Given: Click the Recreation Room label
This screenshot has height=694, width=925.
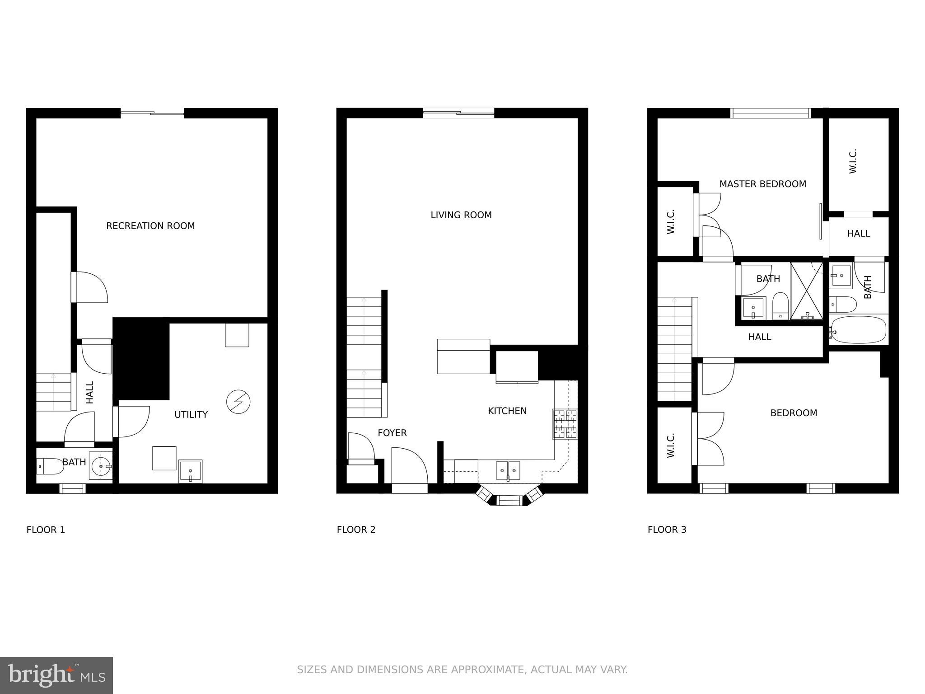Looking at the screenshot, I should [x=150, y=226].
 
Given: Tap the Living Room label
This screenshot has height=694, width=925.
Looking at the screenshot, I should [x=461, y=215].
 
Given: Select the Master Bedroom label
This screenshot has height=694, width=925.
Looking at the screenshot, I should [x=762, y=184].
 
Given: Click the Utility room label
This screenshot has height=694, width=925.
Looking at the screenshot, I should [x=191, y=415].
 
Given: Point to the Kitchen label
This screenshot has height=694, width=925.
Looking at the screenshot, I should [x=507, y=411].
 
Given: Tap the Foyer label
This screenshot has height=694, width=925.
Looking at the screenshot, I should [x=392, y=433].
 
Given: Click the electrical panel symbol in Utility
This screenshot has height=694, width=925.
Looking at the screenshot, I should [x=238, y=402].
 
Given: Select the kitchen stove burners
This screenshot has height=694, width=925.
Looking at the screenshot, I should [x=565, y=424].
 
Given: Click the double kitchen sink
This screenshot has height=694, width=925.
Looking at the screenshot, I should [x=508, y=470].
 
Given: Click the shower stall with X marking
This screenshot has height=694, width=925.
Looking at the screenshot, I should [x=806, y=291].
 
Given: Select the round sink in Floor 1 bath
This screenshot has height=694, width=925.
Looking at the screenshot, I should [x=100, y=465].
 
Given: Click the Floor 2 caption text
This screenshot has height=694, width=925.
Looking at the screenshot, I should [x=356, y=530].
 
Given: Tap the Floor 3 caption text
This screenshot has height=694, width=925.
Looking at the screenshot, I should [x=667, y=530].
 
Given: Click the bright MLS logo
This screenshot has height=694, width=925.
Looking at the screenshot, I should [x=56, y=675].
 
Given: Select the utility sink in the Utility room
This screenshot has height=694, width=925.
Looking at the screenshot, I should [x=190, y=471].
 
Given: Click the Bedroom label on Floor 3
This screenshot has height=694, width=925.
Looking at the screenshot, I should [x=794, y=413].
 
